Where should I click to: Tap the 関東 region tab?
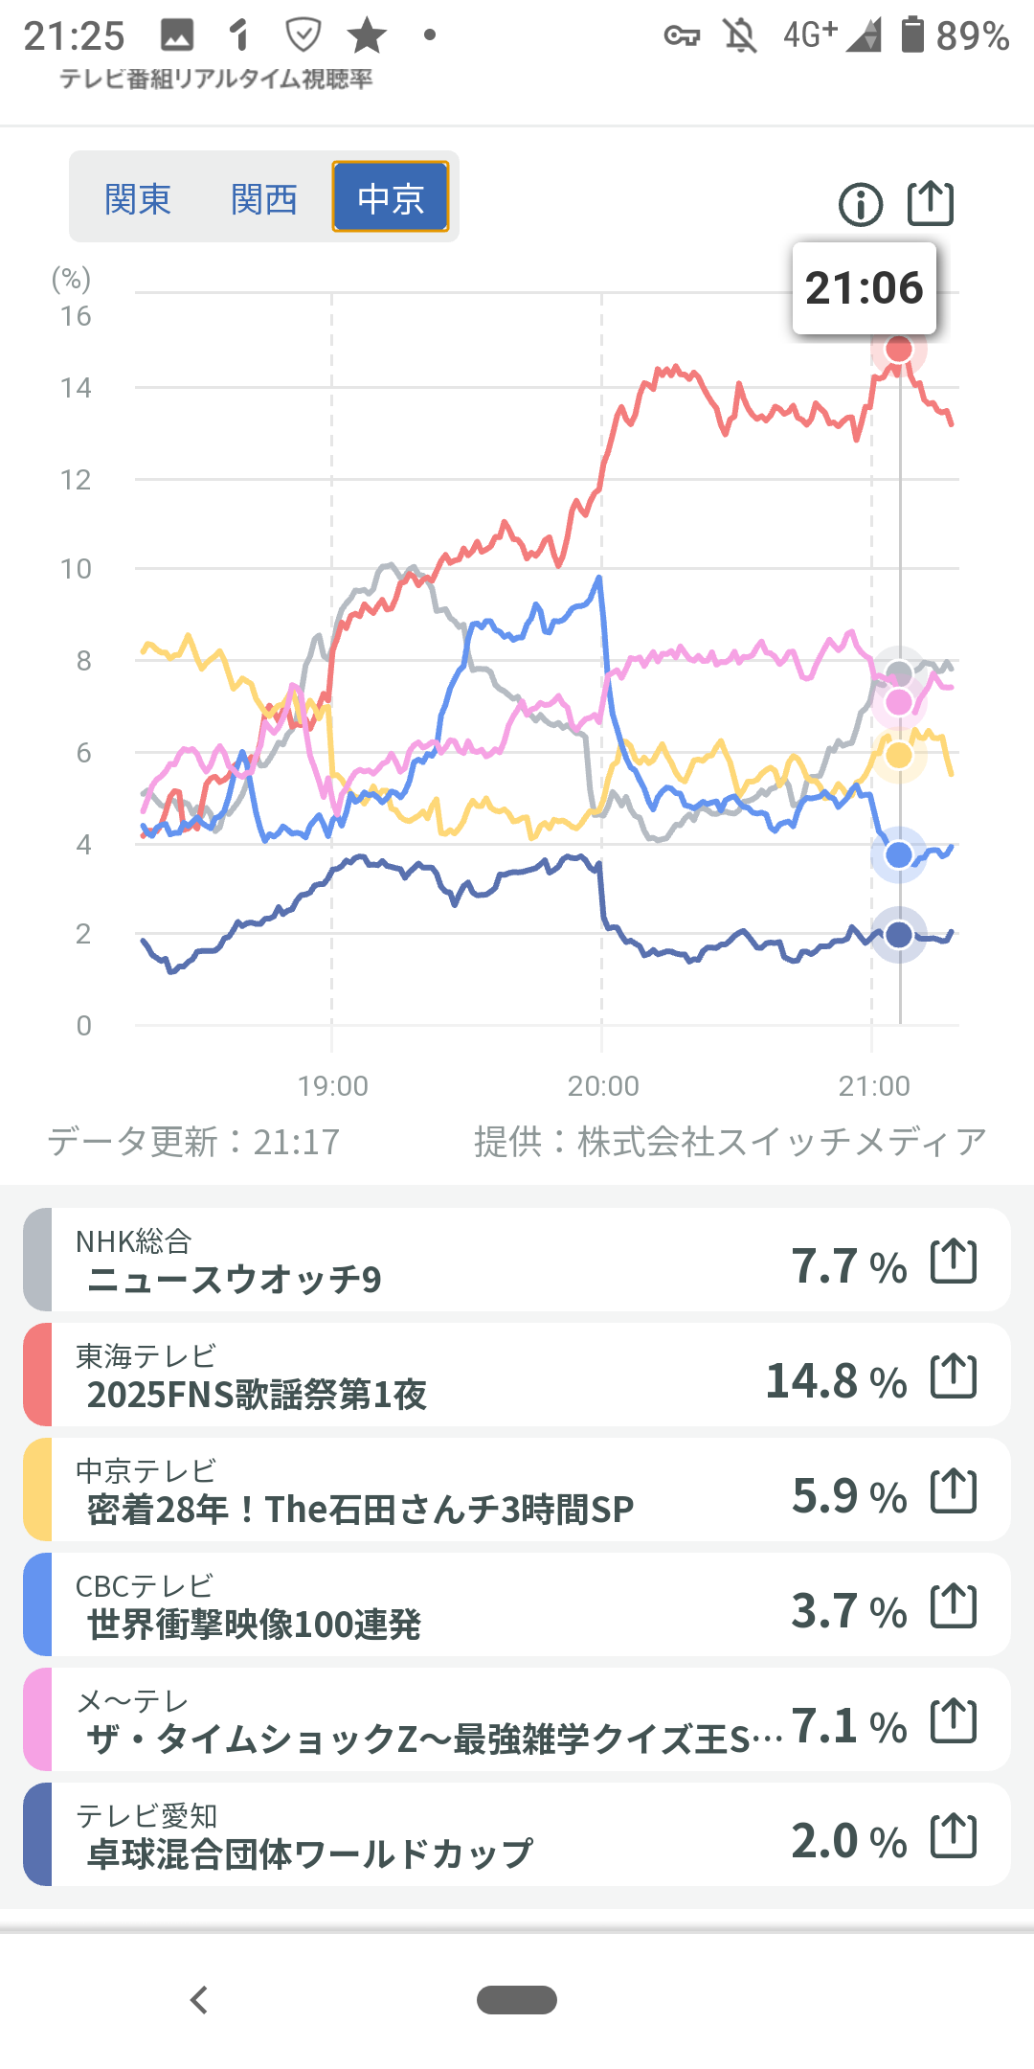tap(138, 199)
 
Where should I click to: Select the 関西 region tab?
tap(264, 199)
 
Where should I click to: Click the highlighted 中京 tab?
tap(391, 197)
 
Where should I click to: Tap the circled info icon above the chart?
tap(861, 204)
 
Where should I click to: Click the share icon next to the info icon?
tap(931, 203)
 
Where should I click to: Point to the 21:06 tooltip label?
tap(864, 288)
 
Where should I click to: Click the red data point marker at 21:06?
tap(898, 350)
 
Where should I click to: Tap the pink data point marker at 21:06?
tap(898, 702)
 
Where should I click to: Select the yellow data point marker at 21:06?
tap(898, 755)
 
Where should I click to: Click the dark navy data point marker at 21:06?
tap(898, 934)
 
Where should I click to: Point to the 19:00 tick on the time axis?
tap(332, 1085)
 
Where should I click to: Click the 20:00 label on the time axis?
tap(602, 1085)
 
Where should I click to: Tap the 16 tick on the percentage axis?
tap(76, 316)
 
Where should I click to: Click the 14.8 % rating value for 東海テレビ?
tap(836, 1380)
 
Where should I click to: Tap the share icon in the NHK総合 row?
tap(954, 1261)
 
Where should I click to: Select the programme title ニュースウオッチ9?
tap(235, 1280)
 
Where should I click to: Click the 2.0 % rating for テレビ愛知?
tap(848, 1840)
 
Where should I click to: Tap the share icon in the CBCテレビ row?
tap(954, 1605)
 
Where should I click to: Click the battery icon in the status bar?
tap(912, 34)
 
